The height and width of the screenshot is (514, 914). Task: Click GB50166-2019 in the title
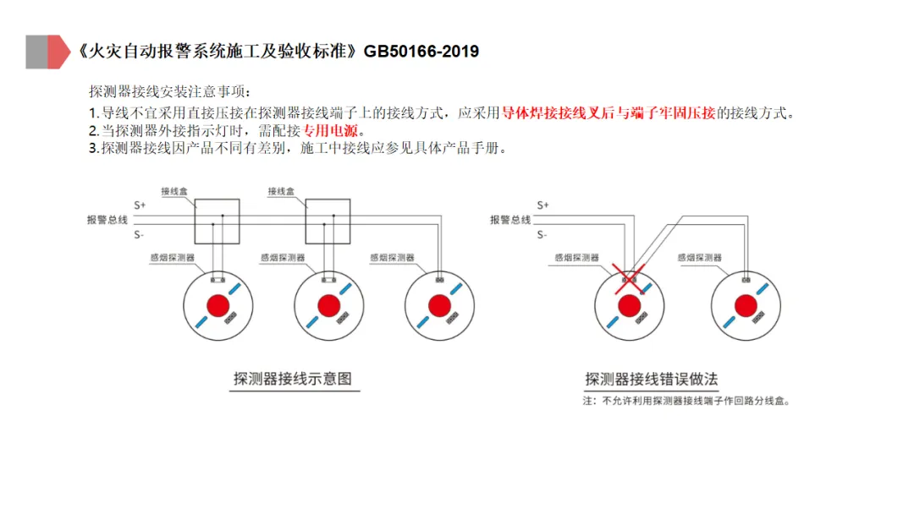tap(421, 52)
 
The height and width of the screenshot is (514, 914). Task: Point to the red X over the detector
tap(629, 276)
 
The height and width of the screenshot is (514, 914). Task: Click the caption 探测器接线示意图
tap(292, 379)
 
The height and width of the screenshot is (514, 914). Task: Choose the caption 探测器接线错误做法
tap(651, 380)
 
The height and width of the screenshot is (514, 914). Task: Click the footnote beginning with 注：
tap(685, 402)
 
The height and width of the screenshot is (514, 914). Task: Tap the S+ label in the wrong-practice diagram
tap(543, 205)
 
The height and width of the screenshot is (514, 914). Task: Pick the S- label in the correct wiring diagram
tap(139, 234)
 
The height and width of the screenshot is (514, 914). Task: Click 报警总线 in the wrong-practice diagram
tap(510, 220)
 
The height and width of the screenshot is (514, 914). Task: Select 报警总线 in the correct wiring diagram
tap(107, 220)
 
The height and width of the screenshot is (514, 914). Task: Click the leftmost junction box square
tap(217, 221)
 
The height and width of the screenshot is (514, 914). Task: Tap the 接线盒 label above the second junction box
tap(281, 192)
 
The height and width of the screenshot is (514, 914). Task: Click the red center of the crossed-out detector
tap(629, 304)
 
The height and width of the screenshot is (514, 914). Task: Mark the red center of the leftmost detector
tap(219, 304)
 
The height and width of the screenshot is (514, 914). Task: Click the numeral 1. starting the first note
tap(94, 112)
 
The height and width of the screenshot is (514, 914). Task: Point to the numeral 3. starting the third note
tap(94, 149)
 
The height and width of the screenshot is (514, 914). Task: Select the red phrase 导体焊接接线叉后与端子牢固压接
tap(608, 112)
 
